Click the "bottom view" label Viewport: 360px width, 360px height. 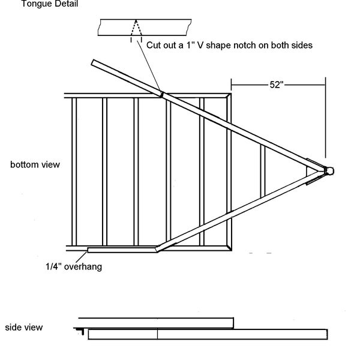pyautogui.click(x=35, y=164)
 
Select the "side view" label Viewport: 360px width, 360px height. pyautogui.click(x=23, y=328)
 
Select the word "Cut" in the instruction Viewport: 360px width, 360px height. pyautogui.click(x=155, y=45)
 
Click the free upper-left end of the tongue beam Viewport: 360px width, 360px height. pyautogui.click(x=94, y=62)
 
